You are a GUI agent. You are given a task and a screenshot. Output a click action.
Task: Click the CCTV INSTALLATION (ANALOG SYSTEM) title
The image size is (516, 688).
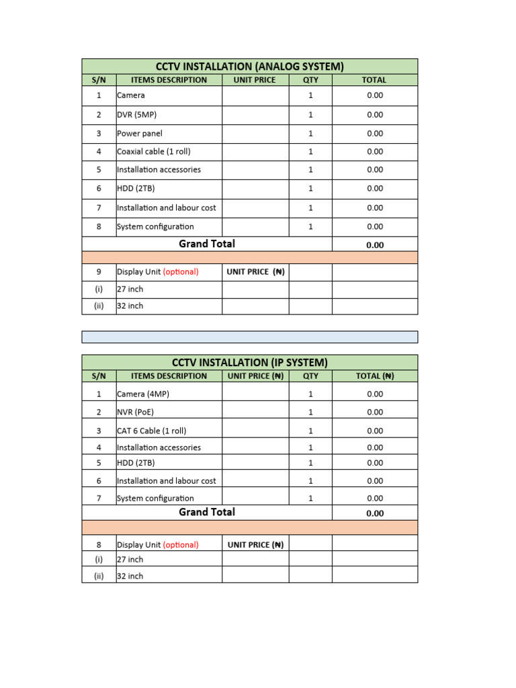pyautogui.click(x=249, y=66)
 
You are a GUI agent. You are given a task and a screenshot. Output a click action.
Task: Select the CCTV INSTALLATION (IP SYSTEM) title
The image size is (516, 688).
pyautogui.click(x=251, y=362)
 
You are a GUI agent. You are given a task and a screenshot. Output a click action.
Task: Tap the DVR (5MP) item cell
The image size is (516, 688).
pyautogui.click(x=136, y=115)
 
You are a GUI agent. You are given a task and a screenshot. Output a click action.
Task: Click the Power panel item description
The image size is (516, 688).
pyautogui.click(x=140, y=134)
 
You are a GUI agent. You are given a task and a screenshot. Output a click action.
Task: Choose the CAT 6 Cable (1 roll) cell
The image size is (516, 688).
pyautogui.click(x=151, y=431)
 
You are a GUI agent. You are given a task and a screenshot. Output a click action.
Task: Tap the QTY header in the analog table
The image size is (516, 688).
pyautogui.click(x=310, y=80)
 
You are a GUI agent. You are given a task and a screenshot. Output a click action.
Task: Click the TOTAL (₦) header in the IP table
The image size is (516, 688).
pyautogui.click(x=375, y=376)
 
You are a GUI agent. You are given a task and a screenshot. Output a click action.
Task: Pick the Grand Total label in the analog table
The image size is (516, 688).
pyautogui.click(x=207, y=244)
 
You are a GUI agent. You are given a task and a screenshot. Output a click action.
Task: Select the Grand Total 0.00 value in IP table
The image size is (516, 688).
pyautogui.click(x=375, y=513)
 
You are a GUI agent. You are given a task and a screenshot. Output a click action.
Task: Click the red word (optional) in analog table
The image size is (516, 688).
pyautogui.click(x=181, y=272)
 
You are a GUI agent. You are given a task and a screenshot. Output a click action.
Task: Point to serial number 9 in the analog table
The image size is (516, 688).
pyautogui.click(x=99, y=272)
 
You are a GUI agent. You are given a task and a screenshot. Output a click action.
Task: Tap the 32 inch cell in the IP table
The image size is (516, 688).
pyautogui.click(x=130, y=576)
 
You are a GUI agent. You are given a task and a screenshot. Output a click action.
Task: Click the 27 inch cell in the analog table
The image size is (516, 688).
pyautogui.click(x=130, y=289)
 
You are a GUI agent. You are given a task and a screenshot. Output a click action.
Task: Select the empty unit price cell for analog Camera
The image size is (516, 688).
pyautogui.click(x=255, y=96)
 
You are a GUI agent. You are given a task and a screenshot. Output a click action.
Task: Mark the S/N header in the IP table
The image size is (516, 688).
pyautogui.click(x=99, y=376)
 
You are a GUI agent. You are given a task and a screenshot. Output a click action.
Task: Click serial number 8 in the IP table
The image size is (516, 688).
pyautogui.click(x=99, y=545)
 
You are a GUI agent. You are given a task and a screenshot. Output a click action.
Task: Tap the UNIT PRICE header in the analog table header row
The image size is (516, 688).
pyautogui.click(x=255, y=80)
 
